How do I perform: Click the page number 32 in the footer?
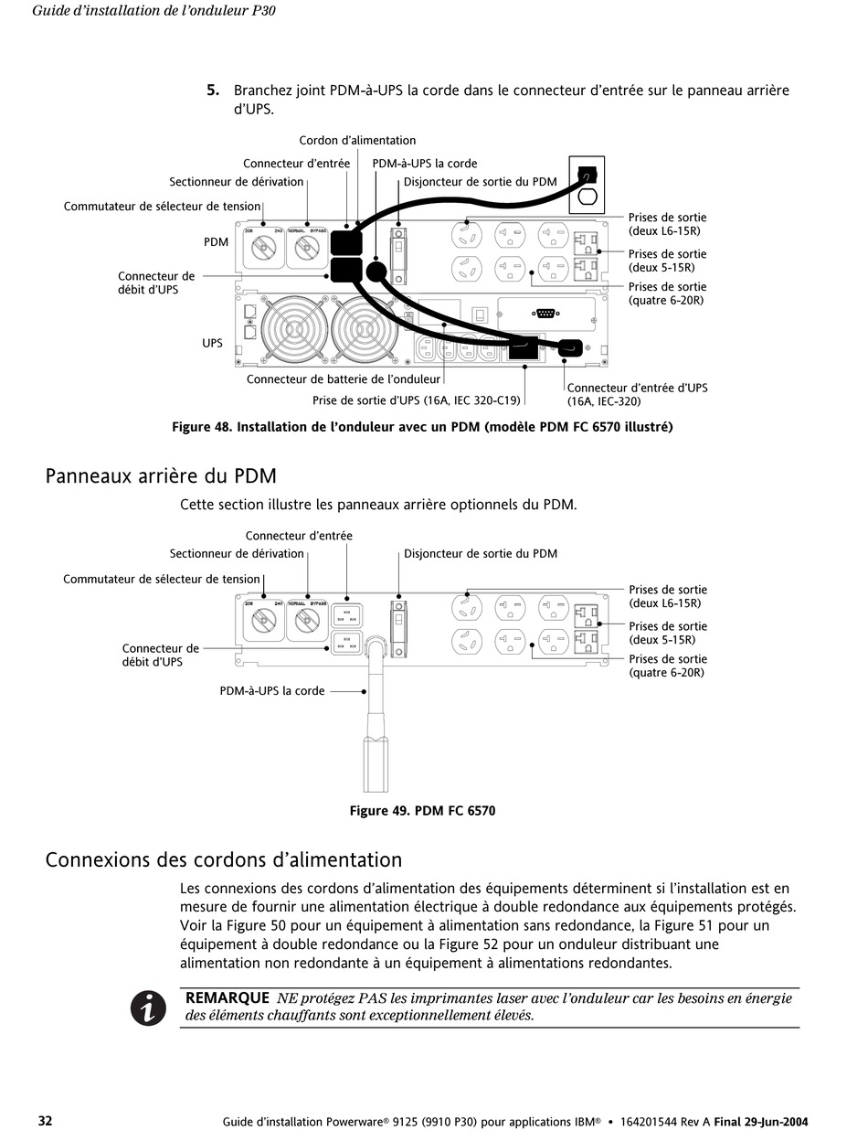(x=45, y=1121)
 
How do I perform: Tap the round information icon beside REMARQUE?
(x=148, y=1008)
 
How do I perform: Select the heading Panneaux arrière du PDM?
(x=161, y=476)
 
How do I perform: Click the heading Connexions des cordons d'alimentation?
(x=224, y=860)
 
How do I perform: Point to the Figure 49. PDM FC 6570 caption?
(x=422, y=811)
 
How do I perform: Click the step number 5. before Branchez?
(x=212, y=91)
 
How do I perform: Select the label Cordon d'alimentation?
(x=357, y=141)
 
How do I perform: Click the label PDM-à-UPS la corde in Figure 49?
(x=271, y=691)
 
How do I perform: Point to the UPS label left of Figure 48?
(x=212, y=343)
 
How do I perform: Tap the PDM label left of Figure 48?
(x=216, y=242)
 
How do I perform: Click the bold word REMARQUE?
(x=227, y=998)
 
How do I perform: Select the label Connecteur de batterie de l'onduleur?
(x=344, y=379)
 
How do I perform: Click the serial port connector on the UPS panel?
(x=545, y=314)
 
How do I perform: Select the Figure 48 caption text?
(x=422, y=427)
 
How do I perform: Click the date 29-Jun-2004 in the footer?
(x=777, y=1122)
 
